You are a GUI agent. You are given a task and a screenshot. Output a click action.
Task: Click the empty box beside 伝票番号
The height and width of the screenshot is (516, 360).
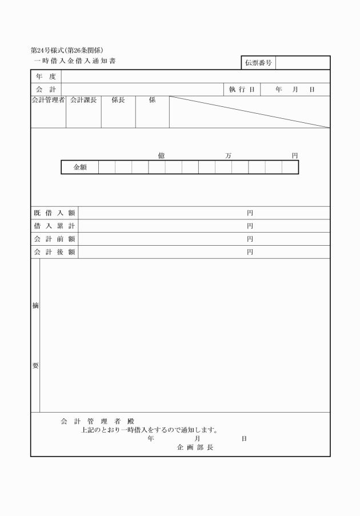coord(302,63)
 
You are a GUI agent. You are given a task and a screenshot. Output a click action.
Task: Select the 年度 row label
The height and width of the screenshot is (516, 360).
coord(46,77)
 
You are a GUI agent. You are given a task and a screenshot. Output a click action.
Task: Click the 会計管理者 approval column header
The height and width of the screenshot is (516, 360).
coord(49,100)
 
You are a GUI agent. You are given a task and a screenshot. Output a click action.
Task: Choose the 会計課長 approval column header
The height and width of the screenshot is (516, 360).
coord(83,100)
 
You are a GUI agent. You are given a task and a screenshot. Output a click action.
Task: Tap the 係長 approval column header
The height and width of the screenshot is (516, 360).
coord(118,100)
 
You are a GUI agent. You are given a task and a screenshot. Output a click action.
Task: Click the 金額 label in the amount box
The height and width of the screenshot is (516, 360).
coord(80,167)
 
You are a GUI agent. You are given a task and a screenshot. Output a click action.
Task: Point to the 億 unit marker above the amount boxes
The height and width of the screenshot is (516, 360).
coord(162,155)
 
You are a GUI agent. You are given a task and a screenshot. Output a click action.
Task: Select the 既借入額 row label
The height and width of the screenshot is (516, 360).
coord(54,213)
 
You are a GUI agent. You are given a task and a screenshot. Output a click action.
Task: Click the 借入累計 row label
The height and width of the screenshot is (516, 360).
coord(54,226)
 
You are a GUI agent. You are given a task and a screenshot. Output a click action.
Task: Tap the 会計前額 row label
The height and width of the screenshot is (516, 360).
coord(54,239)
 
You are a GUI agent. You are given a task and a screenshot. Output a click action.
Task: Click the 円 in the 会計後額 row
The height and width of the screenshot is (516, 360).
coord(250,252)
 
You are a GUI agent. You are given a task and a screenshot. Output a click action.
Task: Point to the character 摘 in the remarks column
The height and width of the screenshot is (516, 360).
coord(35,306)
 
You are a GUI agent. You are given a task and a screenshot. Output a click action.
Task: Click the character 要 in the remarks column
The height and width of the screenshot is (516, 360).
coord(35,366)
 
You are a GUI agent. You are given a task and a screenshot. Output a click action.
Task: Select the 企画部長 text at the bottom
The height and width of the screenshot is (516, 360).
coord(195,447)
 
